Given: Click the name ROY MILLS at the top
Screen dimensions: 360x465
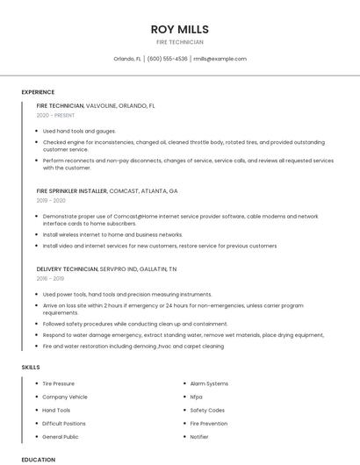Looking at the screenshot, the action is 179,29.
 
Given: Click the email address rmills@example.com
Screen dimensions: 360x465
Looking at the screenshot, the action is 220,59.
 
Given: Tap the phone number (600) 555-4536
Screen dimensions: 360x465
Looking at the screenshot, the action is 167,59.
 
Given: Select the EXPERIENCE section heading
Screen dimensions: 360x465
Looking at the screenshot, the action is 38,92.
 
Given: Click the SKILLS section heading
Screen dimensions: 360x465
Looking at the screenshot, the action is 31,367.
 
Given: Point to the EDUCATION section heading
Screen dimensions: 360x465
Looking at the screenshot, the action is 39,459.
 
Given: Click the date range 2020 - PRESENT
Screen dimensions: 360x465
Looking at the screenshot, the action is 56,115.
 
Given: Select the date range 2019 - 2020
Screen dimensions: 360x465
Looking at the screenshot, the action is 52,200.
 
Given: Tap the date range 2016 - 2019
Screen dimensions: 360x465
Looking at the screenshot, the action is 52,277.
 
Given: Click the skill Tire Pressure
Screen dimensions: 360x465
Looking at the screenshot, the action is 58,383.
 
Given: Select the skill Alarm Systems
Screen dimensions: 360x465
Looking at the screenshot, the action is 209,383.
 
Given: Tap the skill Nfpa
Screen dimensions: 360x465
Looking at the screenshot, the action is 196,397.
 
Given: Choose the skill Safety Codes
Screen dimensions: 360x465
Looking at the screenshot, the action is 207,410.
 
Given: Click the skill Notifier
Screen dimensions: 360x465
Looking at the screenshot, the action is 199,436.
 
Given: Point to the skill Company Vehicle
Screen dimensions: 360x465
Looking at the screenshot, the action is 64,397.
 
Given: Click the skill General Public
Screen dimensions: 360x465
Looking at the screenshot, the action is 61,436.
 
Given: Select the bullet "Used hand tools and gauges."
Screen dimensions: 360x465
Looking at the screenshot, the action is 79,131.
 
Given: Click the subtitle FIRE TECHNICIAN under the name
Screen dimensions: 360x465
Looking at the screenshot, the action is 179,42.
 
